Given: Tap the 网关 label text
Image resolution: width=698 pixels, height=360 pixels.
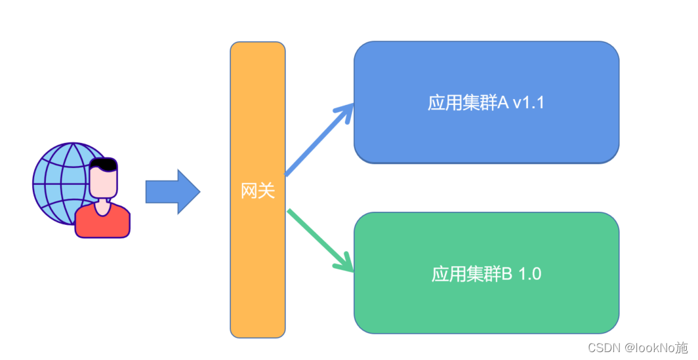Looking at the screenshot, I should [257, 191].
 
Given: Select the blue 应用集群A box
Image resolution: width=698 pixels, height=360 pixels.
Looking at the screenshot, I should [486, 138].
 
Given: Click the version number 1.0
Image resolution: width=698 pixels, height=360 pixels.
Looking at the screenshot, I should [530, 273].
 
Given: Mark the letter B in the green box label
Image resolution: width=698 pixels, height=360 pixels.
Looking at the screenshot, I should [507, 273].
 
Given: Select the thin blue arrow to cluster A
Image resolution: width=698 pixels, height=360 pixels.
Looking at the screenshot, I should [315, 145].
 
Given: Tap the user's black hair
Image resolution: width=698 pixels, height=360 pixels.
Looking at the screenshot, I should [104, 164].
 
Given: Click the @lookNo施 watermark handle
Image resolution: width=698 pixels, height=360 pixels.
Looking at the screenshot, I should [656, 348].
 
